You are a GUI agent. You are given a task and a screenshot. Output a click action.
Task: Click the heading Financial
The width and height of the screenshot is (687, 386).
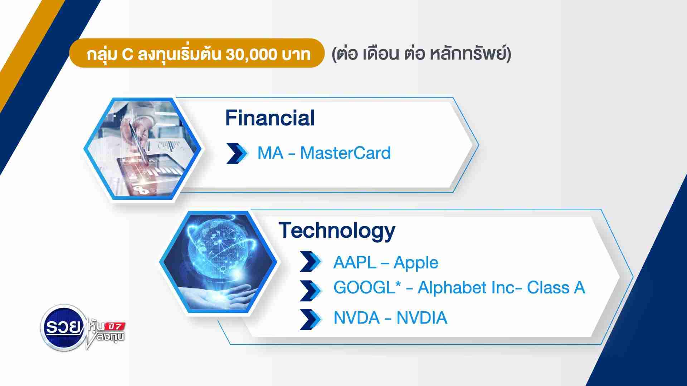click(270, 118)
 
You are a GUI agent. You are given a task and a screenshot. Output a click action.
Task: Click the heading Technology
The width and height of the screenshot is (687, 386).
click(337, 231)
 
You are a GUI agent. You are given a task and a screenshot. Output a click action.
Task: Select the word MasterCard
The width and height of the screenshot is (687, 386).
click(345, 153)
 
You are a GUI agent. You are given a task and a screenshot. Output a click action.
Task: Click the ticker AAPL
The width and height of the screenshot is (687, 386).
click(355, 263)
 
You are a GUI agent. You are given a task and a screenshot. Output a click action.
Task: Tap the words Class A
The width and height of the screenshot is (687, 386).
click(556, 288)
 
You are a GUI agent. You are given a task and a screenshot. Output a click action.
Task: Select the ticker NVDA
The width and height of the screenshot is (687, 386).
click(356, 318)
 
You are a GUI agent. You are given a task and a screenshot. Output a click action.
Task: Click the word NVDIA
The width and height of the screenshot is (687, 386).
click(422, 318)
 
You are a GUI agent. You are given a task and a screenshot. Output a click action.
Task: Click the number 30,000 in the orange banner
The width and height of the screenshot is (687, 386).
click(252, 55)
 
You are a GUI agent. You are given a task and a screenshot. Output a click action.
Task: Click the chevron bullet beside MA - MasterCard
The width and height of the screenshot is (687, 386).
click(237, 153)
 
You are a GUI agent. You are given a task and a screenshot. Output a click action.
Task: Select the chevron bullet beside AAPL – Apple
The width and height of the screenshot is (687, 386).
click(310, 262)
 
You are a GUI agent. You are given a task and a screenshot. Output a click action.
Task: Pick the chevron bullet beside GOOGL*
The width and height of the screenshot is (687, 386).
click(310, 290)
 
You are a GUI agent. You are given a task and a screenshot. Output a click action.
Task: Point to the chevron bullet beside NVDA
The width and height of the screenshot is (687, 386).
click(310, 319)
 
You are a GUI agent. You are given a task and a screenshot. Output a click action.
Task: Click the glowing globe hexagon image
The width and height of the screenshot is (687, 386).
click(218, 263)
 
